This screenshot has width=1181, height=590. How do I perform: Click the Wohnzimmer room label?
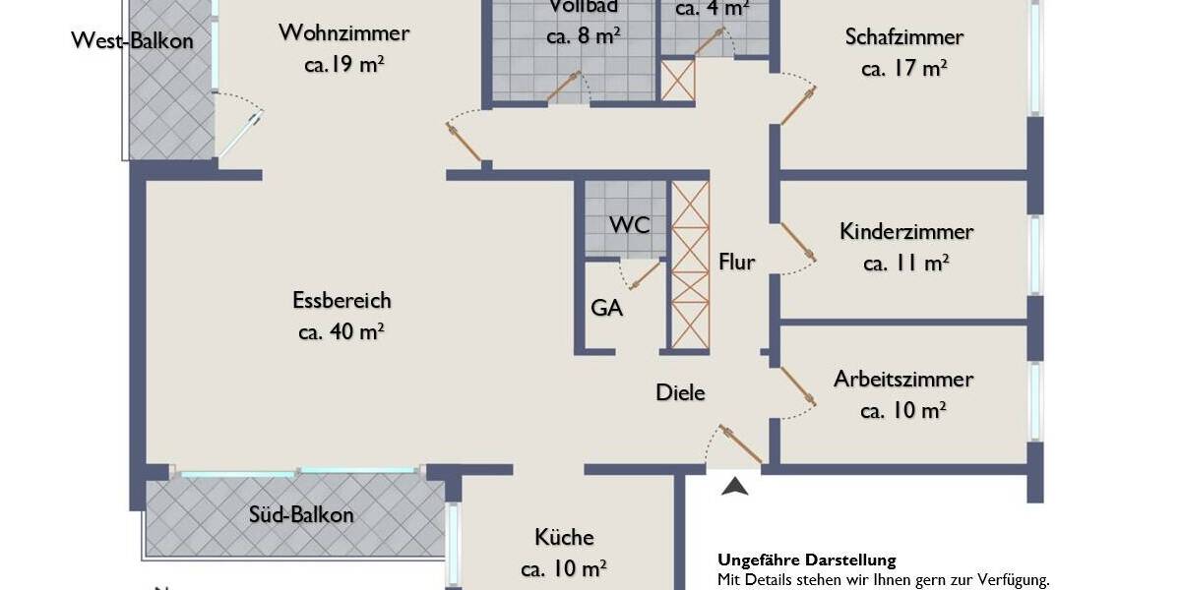[343, 33]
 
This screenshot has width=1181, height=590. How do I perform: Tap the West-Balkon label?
[132, 41]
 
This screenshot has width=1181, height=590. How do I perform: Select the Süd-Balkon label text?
[301, 514]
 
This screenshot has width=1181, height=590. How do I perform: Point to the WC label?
[629, 224]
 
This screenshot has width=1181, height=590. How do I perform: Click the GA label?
[606, 308]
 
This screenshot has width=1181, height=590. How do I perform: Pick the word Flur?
[737, 262]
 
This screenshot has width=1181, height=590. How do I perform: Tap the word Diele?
[681, 392]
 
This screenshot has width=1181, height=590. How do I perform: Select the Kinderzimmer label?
[906, 231]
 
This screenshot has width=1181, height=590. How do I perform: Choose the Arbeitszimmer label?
[903, 379]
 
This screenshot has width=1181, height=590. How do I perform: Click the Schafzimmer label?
[903, 37]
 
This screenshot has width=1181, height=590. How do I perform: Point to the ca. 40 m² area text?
[341, 331]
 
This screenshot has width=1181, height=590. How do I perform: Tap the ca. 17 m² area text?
[903, 69]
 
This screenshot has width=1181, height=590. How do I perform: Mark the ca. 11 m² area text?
[905, 263]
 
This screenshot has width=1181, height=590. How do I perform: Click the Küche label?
[564, 537]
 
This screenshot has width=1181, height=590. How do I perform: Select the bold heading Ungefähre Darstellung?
[806, 560]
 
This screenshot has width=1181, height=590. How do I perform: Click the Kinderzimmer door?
[798, 243]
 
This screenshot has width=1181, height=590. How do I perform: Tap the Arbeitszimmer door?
[798, 386]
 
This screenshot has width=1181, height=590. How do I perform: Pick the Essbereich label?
[342, 300]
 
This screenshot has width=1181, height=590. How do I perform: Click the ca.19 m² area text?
[343, 65]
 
